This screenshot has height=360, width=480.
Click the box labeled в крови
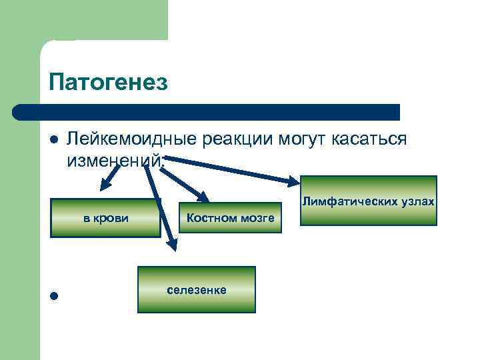coord(105,218)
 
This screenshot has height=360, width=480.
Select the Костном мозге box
coord(230,218)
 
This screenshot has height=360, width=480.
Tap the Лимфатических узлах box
coord(369,200)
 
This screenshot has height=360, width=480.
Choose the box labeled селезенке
coord(197,289)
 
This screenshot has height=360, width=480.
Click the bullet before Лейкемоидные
coord(54,141)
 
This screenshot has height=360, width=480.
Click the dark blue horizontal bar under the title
coord(207,112)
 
